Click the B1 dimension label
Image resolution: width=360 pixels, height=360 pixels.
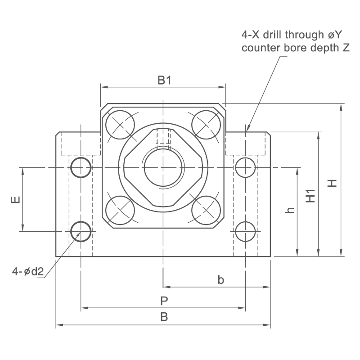point(164,81)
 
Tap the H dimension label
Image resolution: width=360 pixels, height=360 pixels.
point(332,183)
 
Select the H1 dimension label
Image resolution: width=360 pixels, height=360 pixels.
point(310,196)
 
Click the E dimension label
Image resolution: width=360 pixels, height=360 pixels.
point(16,200)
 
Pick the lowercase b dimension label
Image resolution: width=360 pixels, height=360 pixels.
point(220,280)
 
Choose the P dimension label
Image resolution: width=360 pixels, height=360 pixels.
point(164,301)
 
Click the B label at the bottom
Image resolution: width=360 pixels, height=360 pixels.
point(164,317)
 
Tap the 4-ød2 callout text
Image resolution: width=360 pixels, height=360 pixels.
point(28,272)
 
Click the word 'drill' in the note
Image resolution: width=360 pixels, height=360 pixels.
point(273,35)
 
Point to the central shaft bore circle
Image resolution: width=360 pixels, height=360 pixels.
point(163,167)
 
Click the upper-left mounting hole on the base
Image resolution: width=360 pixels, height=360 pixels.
point(81,167)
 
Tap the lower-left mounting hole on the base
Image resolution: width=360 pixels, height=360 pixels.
point(81,231)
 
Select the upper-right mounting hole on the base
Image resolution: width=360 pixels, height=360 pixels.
point(245,167)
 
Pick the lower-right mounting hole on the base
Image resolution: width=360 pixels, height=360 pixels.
point(245,231)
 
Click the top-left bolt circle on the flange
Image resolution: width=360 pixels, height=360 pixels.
point(120,125)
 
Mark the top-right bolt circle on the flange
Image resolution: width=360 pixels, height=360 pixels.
point(206,125)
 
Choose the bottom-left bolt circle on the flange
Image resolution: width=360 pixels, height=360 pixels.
point(120,210)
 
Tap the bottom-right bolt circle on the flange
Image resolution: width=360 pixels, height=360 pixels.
point(206,210)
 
